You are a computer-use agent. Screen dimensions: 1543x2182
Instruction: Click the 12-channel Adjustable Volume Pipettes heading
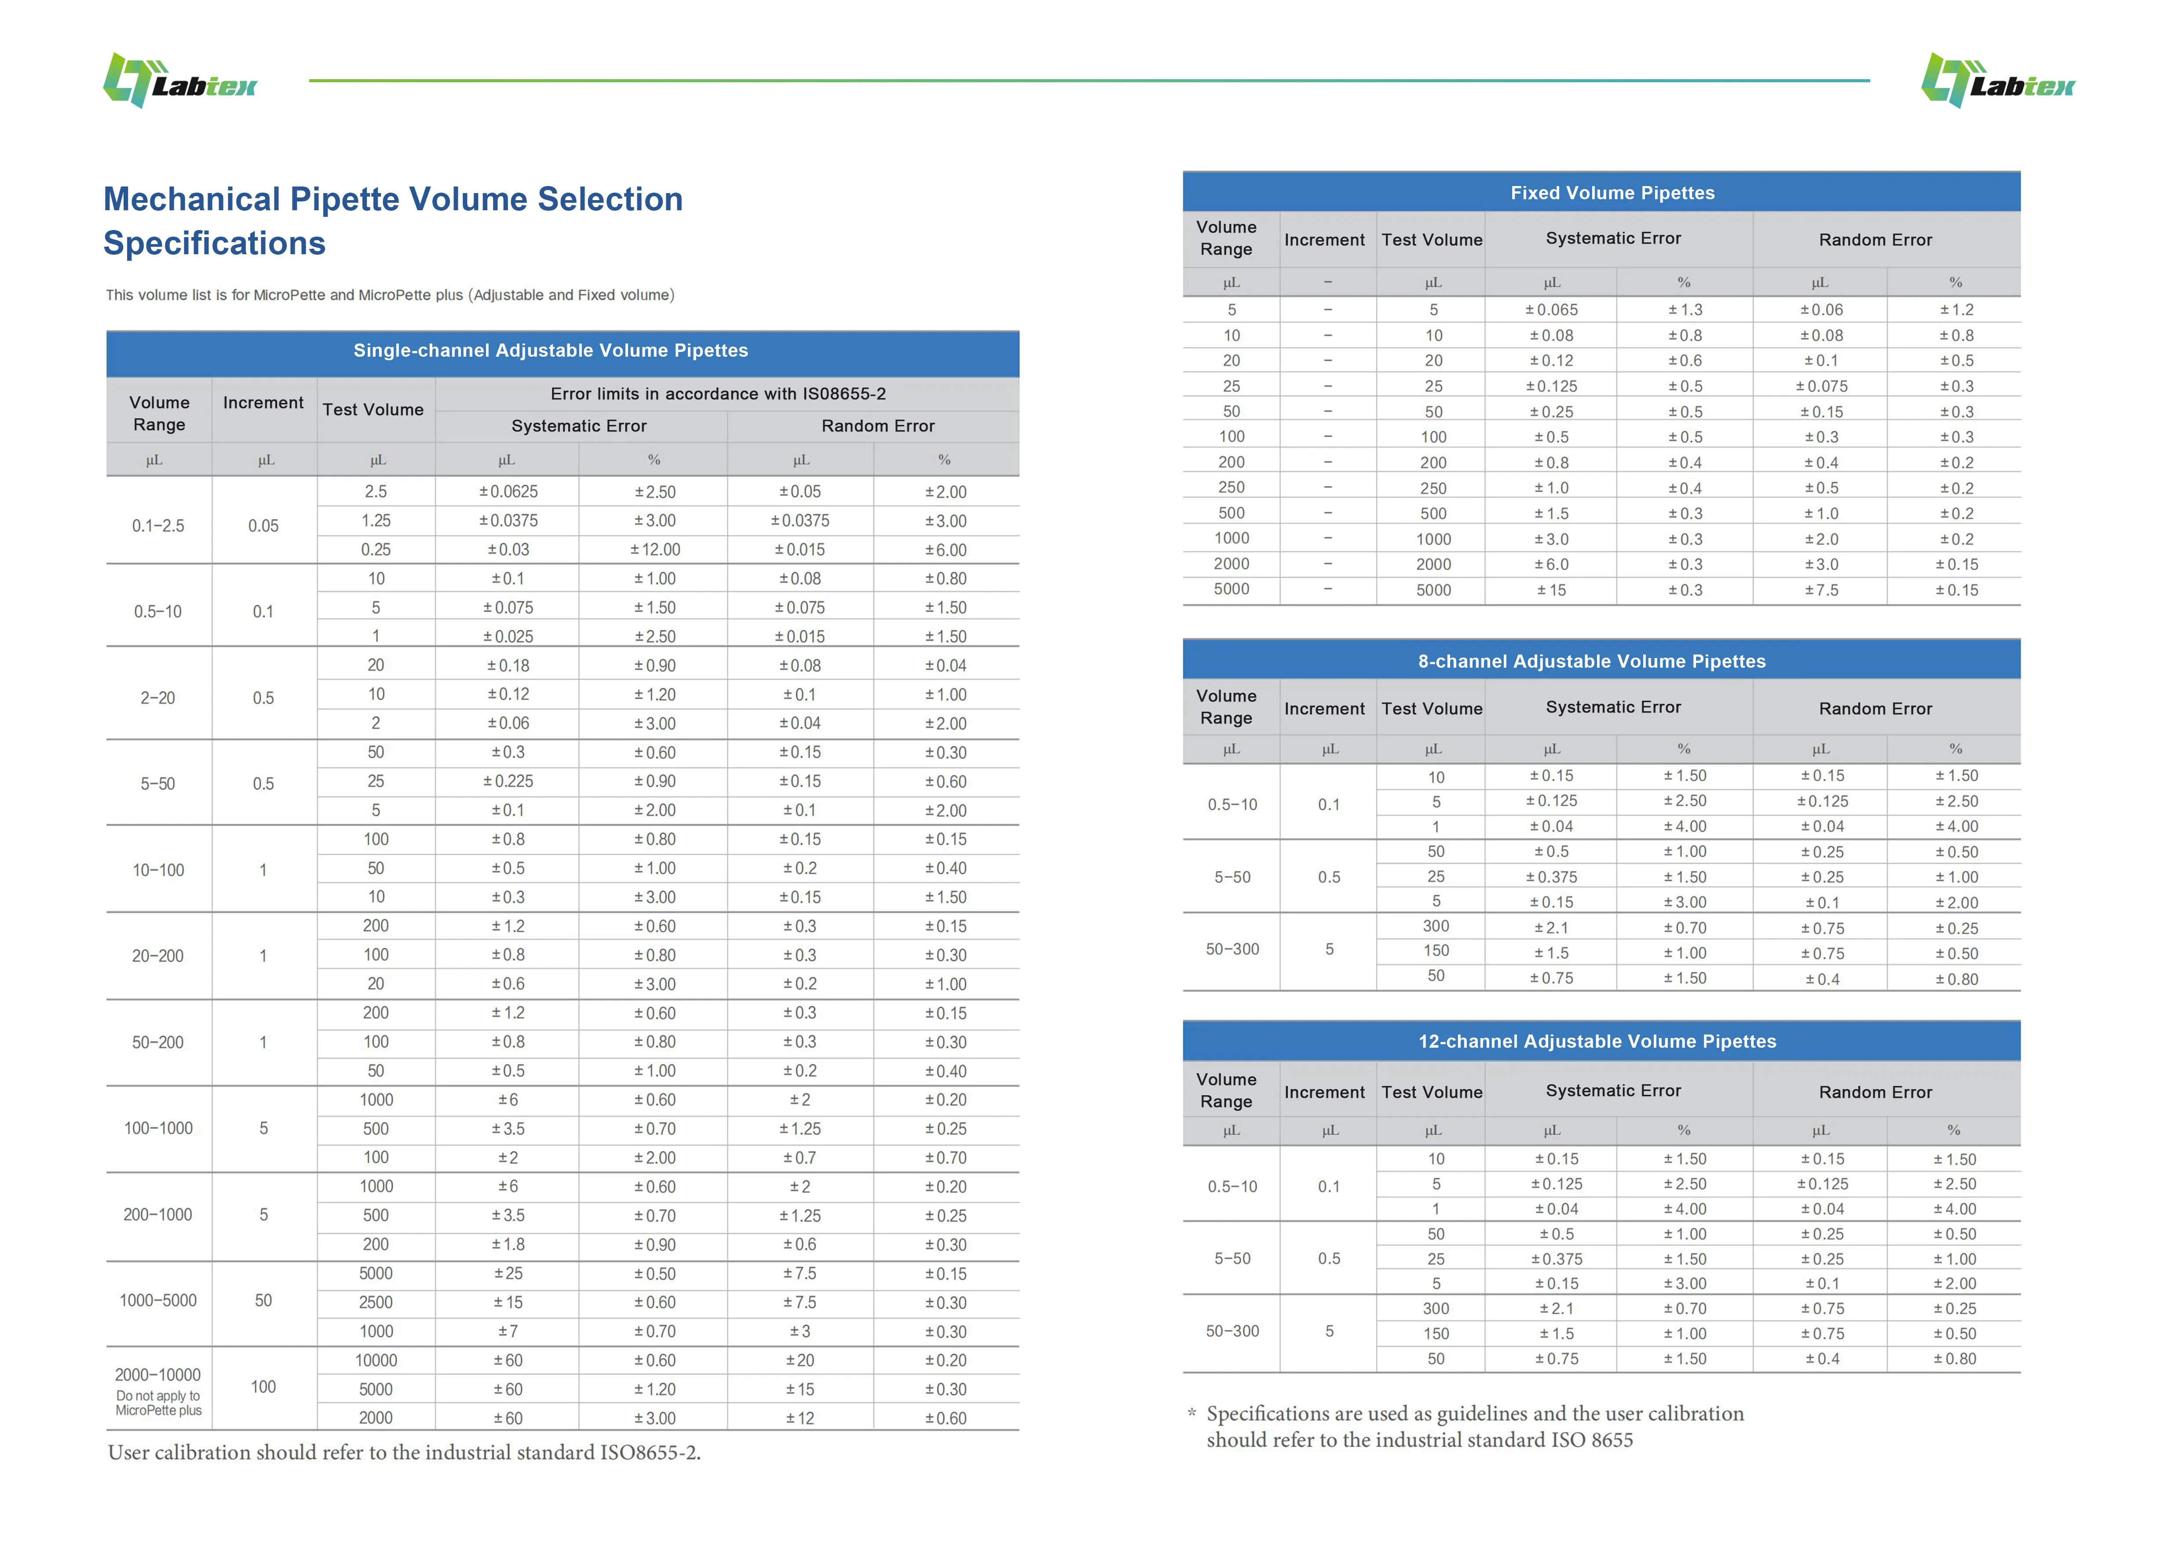tap(1597, 1041)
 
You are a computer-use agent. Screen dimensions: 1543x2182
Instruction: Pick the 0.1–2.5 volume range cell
tap(158, 526)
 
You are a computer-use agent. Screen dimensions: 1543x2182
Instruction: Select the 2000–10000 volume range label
tap(158, 1375)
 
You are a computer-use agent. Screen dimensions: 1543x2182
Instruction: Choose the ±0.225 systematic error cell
tap(508, 781)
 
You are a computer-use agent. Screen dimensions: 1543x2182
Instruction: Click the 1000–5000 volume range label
tap(158, 1301)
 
